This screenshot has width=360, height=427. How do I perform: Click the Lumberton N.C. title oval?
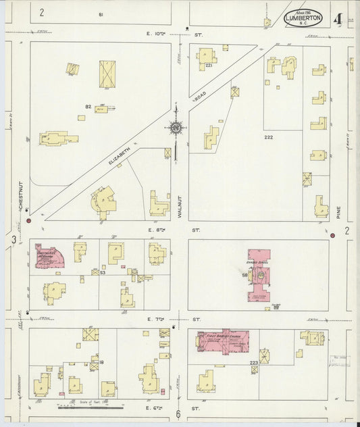pyautogui.click(x=303, y=18)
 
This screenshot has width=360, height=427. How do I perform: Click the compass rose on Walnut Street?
pyautogui.click(x=175, y=127)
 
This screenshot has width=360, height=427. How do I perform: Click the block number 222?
pyautogui.click(x=268, y=136)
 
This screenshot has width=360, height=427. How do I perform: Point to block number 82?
pyautogui.click(x=88, y=106)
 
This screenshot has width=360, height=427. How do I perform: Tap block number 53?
pyautogui.click(x=103, y=273)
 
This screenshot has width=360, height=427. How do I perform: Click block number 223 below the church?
pyautogui.click(x=253, y=363)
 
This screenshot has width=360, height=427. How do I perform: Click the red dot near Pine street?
pyautogui.click(x=332, y=235)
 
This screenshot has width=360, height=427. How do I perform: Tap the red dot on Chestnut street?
pyautogui.click(x=28, y=220)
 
